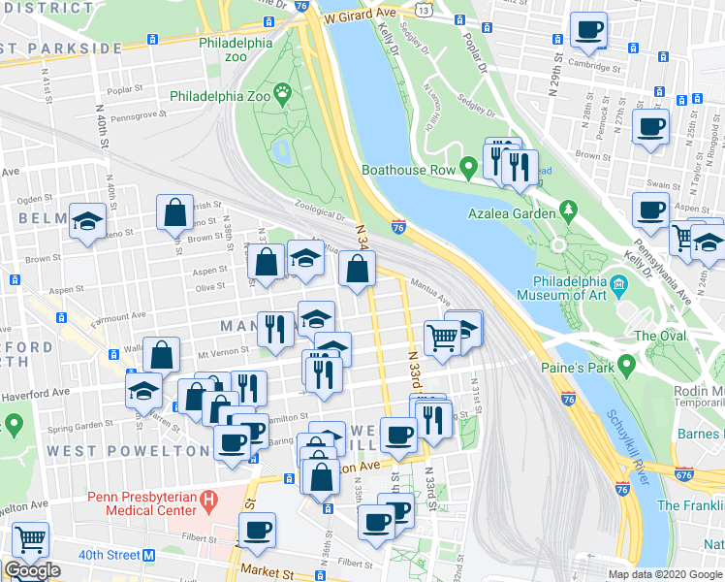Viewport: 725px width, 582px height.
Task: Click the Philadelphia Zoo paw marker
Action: coord(283,95)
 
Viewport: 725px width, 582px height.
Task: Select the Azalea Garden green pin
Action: coord(567,210)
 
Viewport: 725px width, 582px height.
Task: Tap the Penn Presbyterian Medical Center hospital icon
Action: coord(206,501)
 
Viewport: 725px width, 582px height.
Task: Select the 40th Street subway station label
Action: coord(110,555)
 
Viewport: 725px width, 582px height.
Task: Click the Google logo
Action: coord(32,570)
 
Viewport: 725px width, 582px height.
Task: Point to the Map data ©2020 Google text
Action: coord(664,574)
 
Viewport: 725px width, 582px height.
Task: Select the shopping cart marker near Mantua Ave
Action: coord(442,338)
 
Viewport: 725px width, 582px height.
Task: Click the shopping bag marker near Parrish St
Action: coord(174,215)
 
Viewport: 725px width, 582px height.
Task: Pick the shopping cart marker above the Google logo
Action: coord(30,538)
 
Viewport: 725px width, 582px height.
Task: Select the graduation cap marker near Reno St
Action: coord(87,221)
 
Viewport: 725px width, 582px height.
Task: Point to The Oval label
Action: coord(660,336)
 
